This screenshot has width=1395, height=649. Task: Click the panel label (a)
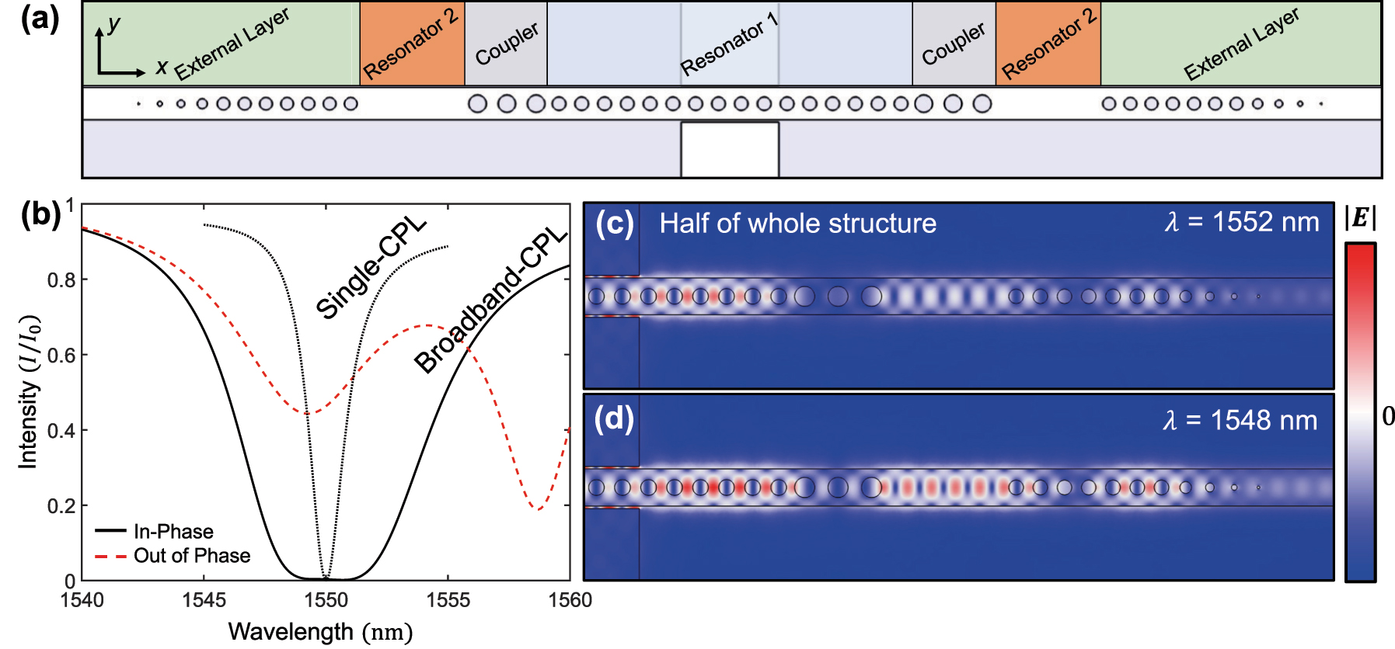(x=40, y=19)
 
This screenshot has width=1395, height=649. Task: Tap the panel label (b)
(x=40, y=214)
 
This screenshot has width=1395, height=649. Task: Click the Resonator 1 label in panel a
(x=728, y=44)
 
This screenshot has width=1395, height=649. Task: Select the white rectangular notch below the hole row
(x=729, y=149)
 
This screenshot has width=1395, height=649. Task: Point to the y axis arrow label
(x=113, y=24)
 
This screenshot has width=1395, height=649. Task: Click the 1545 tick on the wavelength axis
(x=204, y=600)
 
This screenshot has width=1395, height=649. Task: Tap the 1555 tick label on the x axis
(x=448, y=600)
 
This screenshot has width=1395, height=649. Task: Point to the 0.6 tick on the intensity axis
(x=61, y=355)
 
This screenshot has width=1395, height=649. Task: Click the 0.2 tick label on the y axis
(x=61, y=506)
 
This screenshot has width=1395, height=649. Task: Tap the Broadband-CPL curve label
(x=490, y=299)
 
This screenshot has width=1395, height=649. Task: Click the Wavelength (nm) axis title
(x=320, y=632)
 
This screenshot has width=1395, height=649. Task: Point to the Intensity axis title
(x=29, y=391)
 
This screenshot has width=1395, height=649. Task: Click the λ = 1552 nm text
(x=1241, y=223)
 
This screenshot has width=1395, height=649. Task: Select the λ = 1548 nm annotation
(x=1240, y=421)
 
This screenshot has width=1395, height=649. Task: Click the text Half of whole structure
(x=797, y=224)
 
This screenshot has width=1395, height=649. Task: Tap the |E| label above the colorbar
(x=1360, y=218)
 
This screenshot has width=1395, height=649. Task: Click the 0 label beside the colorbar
(x=1387, y=416)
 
